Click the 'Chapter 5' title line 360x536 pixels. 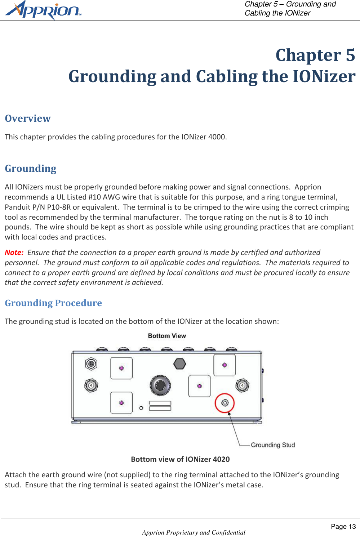(315, 55)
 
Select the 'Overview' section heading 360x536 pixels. (28, 119)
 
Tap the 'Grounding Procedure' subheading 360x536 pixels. (53, 303)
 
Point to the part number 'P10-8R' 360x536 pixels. (59, 207)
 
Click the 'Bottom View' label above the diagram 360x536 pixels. (167, 336)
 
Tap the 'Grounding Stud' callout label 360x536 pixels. (273, 445)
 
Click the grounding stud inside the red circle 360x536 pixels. (225, 403)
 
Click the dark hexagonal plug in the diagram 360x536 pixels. (179, 363)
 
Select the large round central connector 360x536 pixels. (160, 385)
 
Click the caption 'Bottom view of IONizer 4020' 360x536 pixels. (180, 459)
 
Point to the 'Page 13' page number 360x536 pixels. (343, 527)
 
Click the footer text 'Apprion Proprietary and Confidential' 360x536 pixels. (194, 532)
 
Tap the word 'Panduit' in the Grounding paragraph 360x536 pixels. (18, 207)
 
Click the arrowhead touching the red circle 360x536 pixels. (229, 413)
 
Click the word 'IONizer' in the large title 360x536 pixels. (324, 76)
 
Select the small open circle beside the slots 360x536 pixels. (141, 408)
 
